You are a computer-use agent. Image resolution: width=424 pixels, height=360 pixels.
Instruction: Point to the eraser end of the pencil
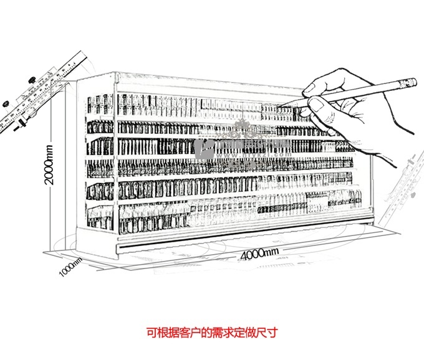click(411, 82)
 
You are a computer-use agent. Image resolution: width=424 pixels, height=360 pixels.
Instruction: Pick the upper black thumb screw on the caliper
click(30, 80)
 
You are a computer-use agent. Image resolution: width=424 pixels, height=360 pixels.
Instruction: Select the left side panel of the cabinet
click(100, 162)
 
